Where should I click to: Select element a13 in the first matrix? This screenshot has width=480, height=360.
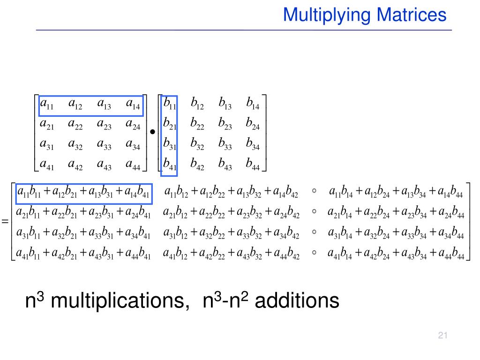(x=103, y=104)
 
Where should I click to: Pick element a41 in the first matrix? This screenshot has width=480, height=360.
(x=46, y=164)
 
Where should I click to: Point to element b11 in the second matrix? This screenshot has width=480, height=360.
(x=169, y=104)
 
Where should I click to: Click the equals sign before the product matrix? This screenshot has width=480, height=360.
(x=5, y=221)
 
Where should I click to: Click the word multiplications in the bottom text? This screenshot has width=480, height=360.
(x=117, y=301)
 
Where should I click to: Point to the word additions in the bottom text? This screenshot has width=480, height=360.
(x=297, y=301)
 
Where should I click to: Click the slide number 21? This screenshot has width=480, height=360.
(x=443, y=335)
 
